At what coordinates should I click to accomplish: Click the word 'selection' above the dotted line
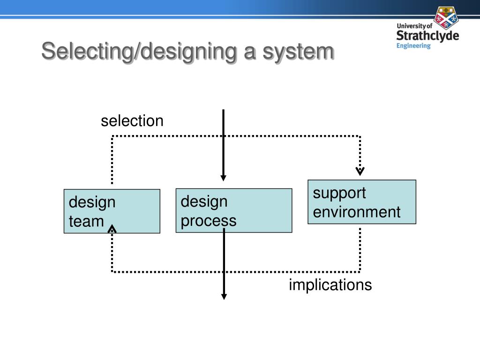[132, 121]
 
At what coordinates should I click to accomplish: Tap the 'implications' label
[330, 285]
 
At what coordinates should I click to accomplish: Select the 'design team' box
[112, 211]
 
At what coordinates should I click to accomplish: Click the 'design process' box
[233, 210]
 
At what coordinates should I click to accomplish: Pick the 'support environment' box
[361, 202]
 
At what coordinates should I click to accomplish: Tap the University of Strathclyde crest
[446, 17]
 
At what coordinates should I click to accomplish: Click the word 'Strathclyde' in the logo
[427, 36]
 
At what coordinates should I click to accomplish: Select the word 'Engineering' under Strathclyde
[413, 46]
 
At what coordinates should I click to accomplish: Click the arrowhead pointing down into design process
[224, 178]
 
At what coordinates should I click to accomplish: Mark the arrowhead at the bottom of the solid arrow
[224, 296]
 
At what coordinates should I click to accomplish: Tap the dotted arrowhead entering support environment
[360, 171]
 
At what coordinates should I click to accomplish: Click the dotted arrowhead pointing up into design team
[112, 229]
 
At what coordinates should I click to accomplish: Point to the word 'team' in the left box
[86, 221]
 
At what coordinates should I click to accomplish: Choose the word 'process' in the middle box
[209, 220]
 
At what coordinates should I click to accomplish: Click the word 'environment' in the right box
[357, 212]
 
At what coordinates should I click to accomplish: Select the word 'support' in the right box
[339, 193]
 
